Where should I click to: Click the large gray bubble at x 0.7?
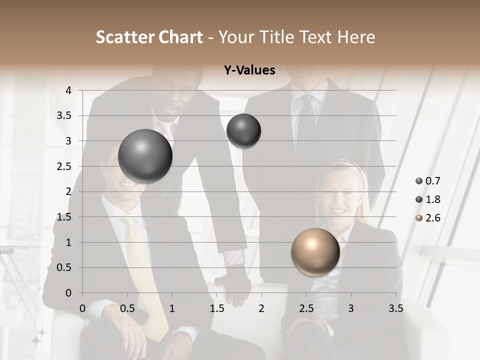(x=145, y=156)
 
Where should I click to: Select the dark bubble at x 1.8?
(x=243, y=131)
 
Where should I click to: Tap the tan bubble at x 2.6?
(x=315, y=252)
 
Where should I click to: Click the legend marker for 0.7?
(x=419, y=181)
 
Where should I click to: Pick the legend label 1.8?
(x=432, y=199)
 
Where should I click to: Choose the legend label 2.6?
(x=432, y=218)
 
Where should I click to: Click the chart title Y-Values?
(x=249, y=70)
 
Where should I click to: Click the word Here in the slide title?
(x=356, y=37)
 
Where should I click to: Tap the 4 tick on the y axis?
(x=68, y=90)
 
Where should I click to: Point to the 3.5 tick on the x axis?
(x=395, y=308)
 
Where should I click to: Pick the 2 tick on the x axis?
(x=261, y=308)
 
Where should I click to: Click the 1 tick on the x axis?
(x=172, y=308)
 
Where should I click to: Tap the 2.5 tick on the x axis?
(x=306, y=308)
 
